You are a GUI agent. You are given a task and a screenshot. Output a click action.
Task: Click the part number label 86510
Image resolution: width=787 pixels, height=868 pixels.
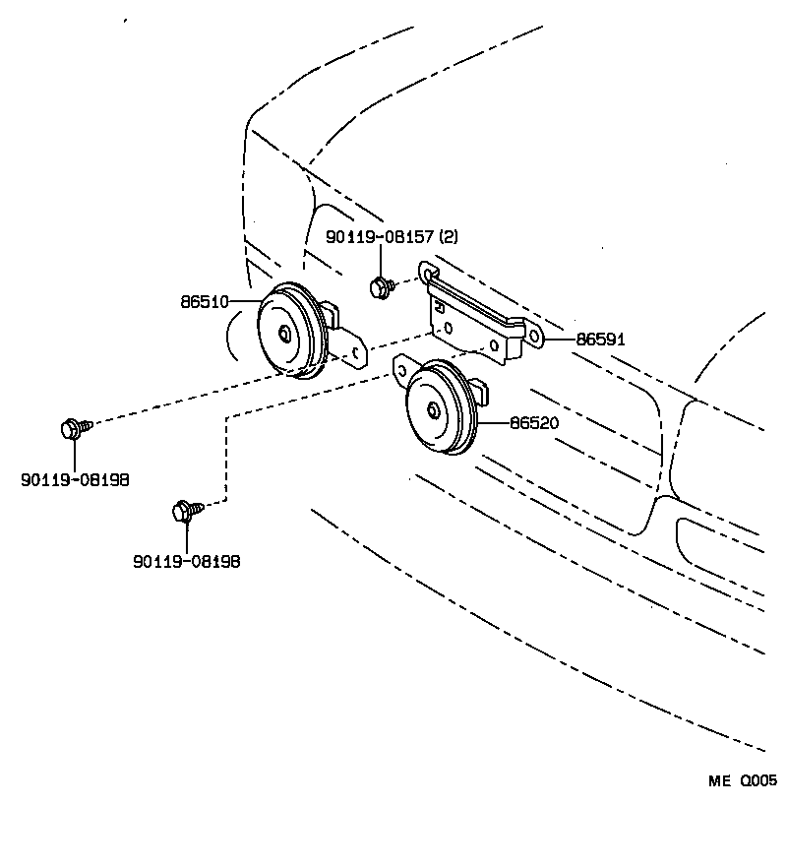click(x=205, y=302)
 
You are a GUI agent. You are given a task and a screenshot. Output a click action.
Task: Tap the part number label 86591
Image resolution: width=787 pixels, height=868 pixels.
click(x=600, y=340)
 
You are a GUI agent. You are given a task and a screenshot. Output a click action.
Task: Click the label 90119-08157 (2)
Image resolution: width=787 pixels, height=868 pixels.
click(x=393, y=237)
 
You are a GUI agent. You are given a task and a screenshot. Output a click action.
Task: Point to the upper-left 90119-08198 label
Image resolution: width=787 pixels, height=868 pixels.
click(x=75, y=480)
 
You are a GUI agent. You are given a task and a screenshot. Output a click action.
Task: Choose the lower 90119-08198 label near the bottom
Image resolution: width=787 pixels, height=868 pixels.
click(x=187, y=561)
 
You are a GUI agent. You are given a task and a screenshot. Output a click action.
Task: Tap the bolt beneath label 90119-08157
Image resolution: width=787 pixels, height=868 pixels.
click(x=380, y=287)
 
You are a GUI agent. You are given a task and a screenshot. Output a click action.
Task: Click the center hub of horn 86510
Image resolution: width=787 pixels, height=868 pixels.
click(x=283, y=333)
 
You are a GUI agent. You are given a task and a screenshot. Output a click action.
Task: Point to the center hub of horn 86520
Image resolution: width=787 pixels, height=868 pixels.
click(x=432, y=410)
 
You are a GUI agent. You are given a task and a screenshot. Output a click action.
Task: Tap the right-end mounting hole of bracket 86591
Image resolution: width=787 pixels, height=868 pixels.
click(x=535, y=336)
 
